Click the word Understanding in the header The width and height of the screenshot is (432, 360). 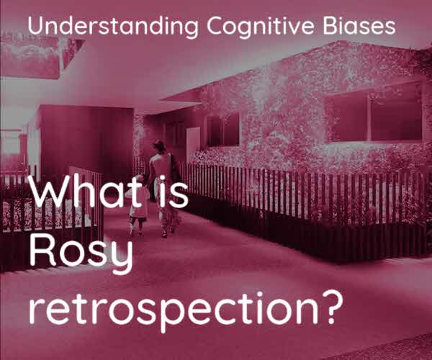pos(113,27)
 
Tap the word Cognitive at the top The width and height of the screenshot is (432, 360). pos(261,27)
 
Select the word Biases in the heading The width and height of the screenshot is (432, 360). pos(359,25)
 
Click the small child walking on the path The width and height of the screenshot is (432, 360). pos(138,205)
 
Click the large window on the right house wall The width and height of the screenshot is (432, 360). pos(374,114)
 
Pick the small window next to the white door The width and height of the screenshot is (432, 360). pos(223,130)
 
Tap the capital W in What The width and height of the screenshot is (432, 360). pos(49,192)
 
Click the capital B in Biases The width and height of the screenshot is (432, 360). pos(330,26)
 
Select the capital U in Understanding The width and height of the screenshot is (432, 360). pos(35,26)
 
